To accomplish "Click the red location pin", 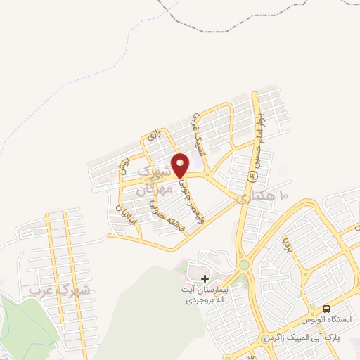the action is [x=181, y=165].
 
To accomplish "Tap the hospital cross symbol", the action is [x=205, y=279].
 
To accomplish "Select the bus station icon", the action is [x=326, y=309].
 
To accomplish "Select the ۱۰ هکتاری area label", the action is [x=264, y=196].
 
